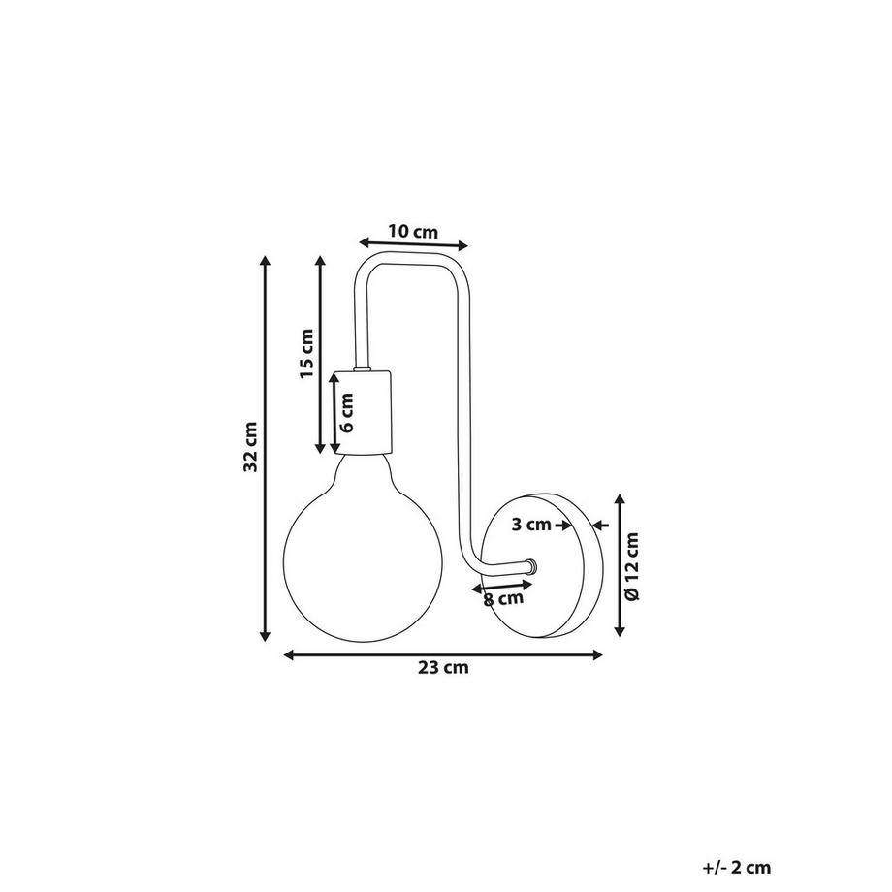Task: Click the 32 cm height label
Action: [x=251, y=447]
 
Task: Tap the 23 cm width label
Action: [x=443, y=667]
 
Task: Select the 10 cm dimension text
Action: [x=414, y=232]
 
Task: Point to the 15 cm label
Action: [x=306, y=353]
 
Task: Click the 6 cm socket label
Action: [x=347, y=412]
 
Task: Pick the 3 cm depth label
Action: [x=531, y=524]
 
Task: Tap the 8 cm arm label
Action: [x=503, y=598]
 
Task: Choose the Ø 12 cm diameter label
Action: [x=632, y=566]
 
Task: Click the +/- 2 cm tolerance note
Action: [x=737, y=868]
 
